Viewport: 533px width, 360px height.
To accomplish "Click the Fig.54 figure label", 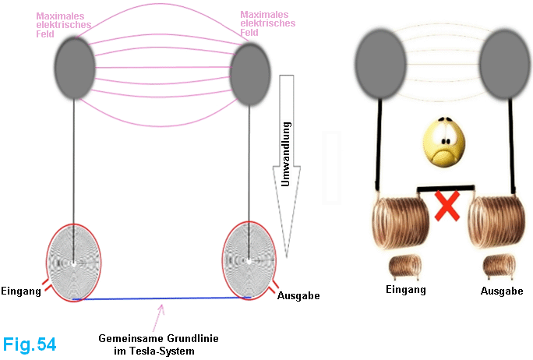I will (x=30, y=344).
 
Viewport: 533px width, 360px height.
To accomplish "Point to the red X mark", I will (x=445, y=208).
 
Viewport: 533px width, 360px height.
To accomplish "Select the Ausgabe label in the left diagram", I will (x=298, y=296).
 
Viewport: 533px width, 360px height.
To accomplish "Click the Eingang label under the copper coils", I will (x=407, y=290).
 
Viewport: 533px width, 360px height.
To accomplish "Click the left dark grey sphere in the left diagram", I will (x=74, y=68).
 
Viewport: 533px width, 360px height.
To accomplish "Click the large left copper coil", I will (x=399, y=224).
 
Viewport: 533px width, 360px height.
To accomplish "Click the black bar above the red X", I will (x=445, y=189).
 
